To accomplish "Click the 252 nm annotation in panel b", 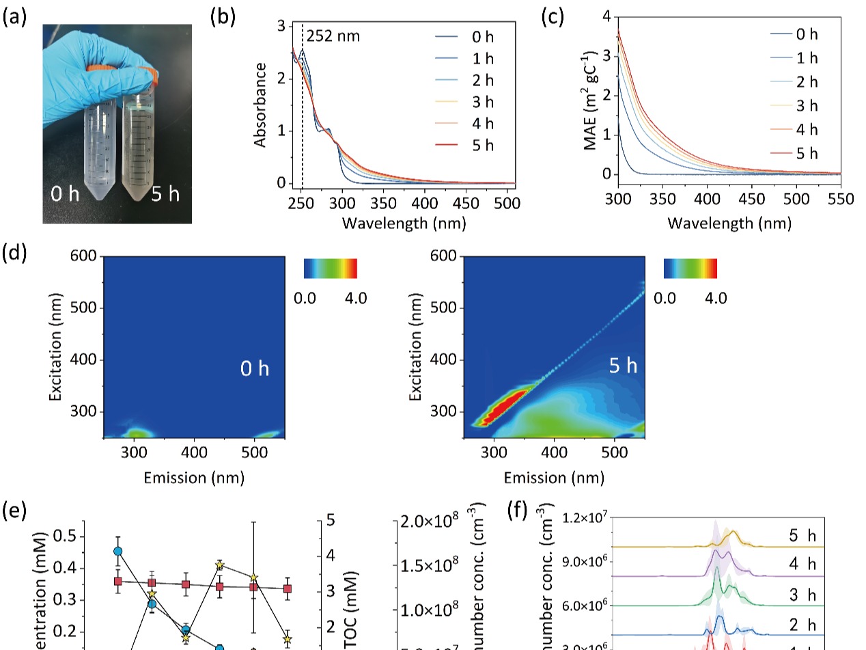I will (333, 36).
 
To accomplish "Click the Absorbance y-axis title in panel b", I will (260, 105).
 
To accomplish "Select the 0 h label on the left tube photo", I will (66, 194).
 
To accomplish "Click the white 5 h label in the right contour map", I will (623, 366).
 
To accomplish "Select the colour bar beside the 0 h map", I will (330, 269).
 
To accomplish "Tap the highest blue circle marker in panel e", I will (118, 551).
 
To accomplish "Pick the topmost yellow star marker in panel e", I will (220, 565).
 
